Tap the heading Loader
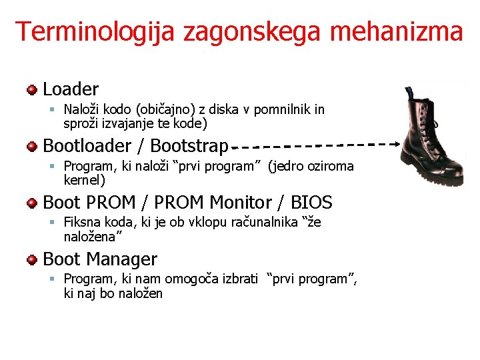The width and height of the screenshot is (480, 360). (71, 89)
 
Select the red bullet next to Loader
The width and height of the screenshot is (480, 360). (32, 89)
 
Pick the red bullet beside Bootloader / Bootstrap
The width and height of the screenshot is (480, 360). (32, 146)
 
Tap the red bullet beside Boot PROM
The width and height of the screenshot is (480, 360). (32, 203)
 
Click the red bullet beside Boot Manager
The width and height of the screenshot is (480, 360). (32, 259)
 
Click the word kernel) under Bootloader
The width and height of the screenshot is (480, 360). (84, 180)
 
